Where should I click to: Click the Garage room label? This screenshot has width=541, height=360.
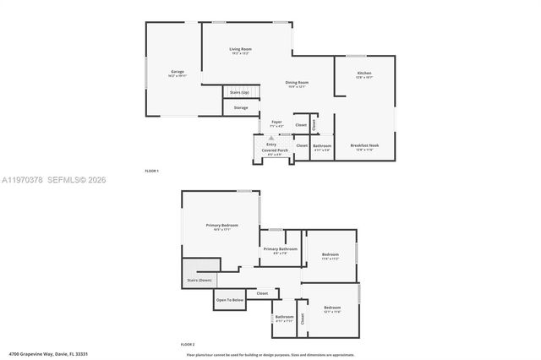point(178,72)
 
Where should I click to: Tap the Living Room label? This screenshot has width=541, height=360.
point(241,49)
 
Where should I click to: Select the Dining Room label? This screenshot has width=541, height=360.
point(297,82)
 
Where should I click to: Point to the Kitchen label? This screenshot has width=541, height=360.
point(364,74)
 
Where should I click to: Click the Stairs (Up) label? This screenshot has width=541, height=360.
point(240,91)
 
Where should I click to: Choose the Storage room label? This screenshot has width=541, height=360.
point(241,107)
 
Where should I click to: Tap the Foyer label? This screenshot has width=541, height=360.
point(276,122)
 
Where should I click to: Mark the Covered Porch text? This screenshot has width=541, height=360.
point(275,150)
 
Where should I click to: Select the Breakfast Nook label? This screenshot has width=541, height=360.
point(364,145)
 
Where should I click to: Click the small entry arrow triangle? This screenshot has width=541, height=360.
point(270,137)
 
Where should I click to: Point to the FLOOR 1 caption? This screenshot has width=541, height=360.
point(152,172)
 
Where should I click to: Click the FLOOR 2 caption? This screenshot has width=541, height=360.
point(188,345)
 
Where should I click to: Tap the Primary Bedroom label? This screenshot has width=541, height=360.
point(222,225)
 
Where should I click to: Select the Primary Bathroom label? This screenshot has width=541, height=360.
point(280,248)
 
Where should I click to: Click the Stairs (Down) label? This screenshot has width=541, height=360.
point(199,279)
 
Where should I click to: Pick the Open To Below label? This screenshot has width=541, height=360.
point(230,300)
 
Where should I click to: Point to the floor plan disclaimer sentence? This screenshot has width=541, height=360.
point(270,353)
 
